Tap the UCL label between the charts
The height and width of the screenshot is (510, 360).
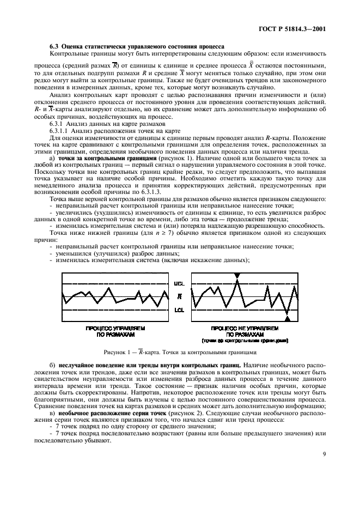click(179, 284)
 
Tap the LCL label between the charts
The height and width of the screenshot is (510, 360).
click(179, 310)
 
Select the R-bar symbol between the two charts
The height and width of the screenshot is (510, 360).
click(179, 296)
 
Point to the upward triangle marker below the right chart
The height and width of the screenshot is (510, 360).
click(288, 318)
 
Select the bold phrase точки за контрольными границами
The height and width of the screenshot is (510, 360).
click(97, 157)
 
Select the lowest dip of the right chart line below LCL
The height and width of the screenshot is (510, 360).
click(287, 313)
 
